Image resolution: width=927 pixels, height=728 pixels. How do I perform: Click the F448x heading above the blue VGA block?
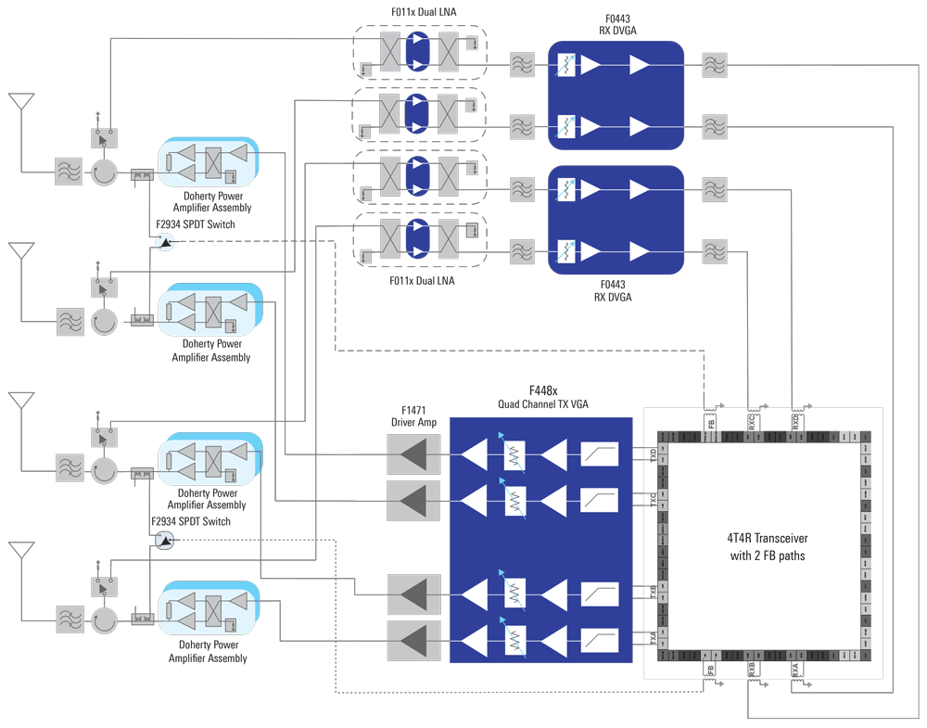(542, 390)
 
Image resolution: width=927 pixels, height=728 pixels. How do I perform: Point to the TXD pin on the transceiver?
(653, 454)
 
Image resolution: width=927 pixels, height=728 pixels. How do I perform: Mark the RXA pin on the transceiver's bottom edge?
(795, 668)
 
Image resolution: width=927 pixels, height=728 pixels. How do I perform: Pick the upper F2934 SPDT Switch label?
(195, 224)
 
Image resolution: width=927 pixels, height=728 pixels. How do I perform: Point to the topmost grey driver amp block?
(414, 454)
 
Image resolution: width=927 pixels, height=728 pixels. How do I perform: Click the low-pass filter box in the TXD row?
(599, 454)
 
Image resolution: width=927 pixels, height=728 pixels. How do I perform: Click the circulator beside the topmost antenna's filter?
(103, 172)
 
